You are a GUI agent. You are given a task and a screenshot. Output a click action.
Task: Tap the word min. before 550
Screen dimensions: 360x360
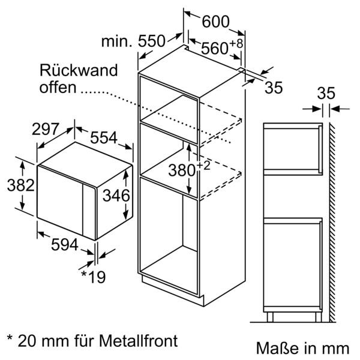coord(116,41)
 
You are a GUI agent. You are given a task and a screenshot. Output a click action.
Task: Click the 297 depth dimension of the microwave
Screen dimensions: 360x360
coord(45,129)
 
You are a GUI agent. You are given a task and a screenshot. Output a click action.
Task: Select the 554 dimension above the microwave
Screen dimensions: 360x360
coord(104,138)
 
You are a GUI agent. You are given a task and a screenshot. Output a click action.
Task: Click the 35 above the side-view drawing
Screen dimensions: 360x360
coord(325,94)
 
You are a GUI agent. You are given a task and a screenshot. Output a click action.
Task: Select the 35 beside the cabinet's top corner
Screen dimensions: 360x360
coord(273,88)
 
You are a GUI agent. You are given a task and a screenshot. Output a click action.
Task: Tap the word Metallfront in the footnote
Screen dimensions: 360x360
coord(139,341)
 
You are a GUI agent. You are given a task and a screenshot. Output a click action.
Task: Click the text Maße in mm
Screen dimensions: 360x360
coord(302,347)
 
